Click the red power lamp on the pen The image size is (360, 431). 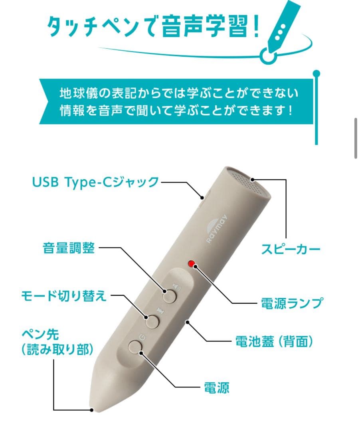click(192, 264)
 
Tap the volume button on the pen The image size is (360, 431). click(170, 296)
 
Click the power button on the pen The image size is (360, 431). click(136, 346)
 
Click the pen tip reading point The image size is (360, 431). click(92, 409)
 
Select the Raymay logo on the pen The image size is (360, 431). click(216, 233)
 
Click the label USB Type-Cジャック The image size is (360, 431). click(96, 182)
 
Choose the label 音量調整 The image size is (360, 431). click(69, 248)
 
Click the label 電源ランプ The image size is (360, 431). click(291, 303)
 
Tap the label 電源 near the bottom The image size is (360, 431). click(216, 387)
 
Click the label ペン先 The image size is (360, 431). click(40, 334)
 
